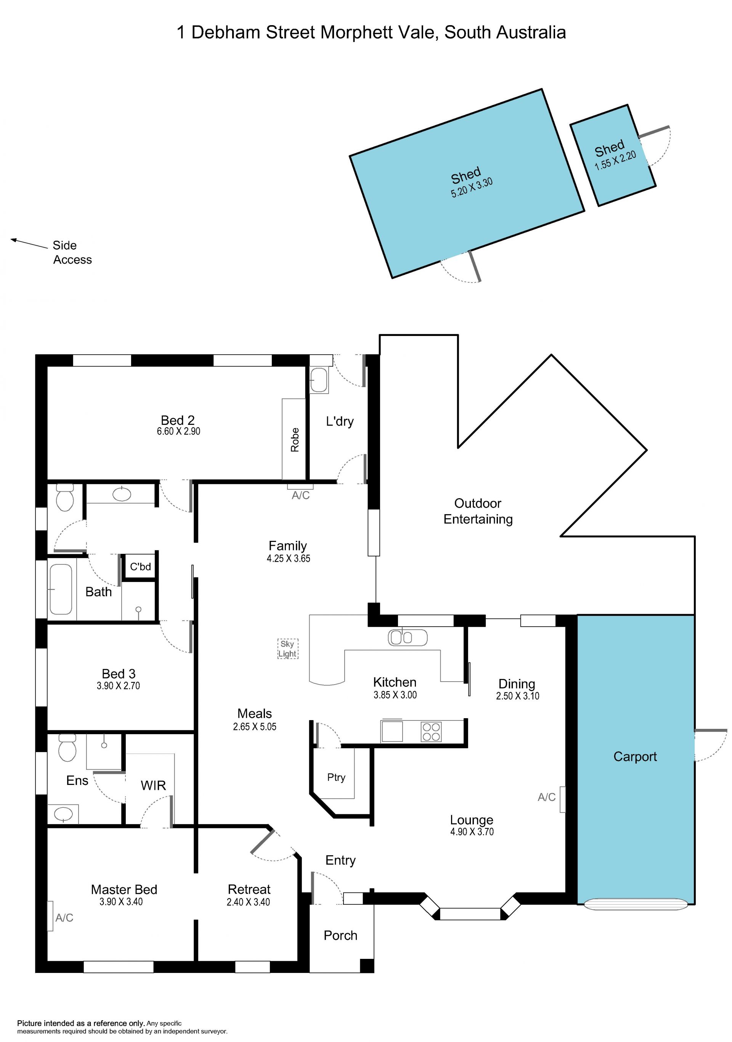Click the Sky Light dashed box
point(288,648)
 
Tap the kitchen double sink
point(407,638)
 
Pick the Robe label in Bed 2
point(295,439)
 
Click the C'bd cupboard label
point(141,566)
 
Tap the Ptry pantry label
point(336,777)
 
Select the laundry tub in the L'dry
point(319,379)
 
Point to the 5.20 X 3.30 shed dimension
point(472,187)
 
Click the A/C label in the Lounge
point(546,797)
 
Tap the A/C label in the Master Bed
point(64,918)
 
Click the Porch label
point(340,935)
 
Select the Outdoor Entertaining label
point(478,511)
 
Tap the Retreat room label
point(249,889)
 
